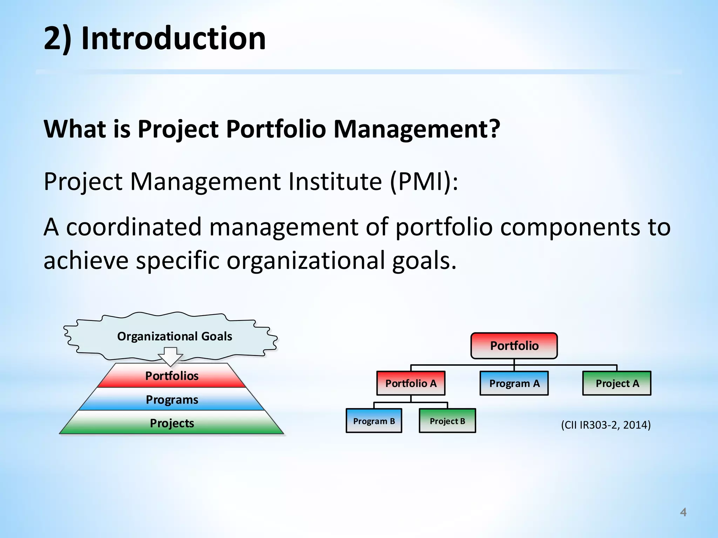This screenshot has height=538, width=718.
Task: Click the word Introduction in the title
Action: [173, 39]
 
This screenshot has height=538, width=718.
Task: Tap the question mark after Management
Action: [494, 129]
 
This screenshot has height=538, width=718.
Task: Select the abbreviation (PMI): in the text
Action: [424, 181]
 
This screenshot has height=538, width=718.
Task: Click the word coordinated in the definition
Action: [134, 227]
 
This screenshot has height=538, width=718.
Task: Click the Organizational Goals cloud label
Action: [175, 336]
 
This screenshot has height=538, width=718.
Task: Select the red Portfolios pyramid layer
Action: [172, 376]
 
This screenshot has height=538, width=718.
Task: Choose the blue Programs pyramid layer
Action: [172, 400]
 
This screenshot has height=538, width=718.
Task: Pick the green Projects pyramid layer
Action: [172, 423]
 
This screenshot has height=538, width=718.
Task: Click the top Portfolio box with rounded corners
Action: [514, 346]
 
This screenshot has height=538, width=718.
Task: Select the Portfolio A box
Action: [411, 383]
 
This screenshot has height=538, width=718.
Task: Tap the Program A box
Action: [514, 383]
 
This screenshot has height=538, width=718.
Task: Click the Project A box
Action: [617, 383]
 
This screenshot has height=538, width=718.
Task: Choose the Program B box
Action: [374, 421]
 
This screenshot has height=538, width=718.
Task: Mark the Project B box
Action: [447, 421]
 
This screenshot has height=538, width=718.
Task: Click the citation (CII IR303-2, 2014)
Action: [606, 425]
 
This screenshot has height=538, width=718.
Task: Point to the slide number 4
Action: [683, 512]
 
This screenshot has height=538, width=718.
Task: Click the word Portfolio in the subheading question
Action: [276, 129]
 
